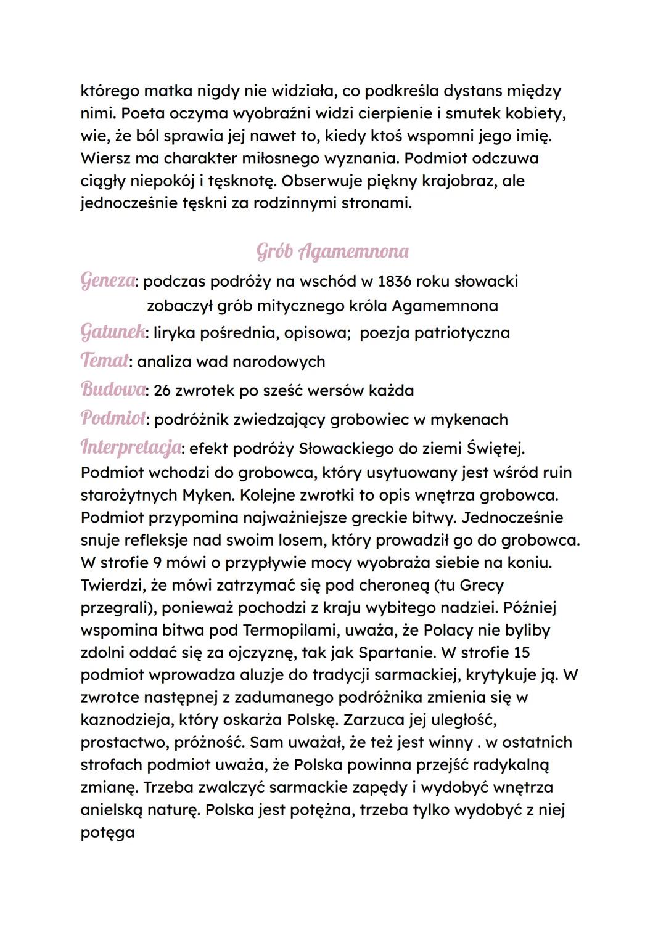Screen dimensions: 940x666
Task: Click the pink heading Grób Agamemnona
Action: click(x=332, y=251)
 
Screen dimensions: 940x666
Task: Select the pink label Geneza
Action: click(x=108, y=280)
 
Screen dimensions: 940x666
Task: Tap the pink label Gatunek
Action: click(x=113, y=332)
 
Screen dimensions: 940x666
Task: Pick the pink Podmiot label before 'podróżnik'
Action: click(x=113, y=419)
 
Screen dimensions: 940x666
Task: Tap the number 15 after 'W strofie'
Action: click(x=521, y=652)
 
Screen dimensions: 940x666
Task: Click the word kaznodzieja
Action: click(x=120, y=720)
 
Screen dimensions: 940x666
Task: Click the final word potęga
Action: click(x=107, y=833)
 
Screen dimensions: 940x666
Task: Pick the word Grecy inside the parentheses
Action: click(x=482, y=585)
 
